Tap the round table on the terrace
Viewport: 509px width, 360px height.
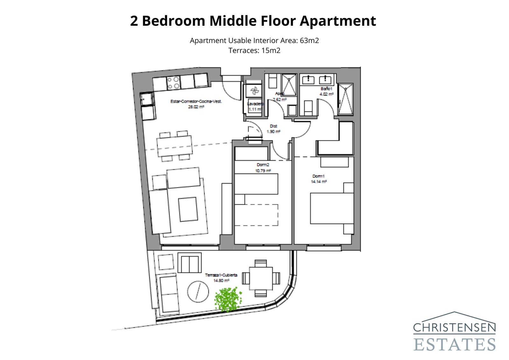coord(198,292)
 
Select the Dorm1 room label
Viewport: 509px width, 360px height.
coord(318,176)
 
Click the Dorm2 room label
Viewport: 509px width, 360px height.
coord(263,165)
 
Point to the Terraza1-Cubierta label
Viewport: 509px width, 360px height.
coord(221,275)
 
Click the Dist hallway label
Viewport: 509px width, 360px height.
coord(273,126)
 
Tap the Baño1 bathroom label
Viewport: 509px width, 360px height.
coord(326,89)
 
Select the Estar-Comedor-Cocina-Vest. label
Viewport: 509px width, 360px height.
coord(196,102)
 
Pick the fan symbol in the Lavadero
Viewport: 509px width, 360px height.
coord(254,91)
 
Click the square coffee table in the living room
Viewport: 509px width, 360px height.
coord(188,209)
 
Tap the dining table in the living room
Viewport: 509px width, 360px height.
coord(174,145)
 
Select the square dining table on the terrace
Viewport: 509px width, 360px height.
coord(261,278)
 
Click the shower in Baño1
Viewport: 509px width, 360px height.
coord(345,99)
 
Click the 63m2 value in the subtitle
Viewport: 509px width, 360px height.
coord(309,41)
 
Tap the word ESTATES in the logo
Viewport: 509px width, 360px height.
coord(455,344)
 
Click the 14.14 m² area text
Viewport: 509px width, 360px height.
coord(319,182)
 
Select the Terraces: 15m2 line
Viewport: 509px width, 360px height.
coord(254,51)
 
